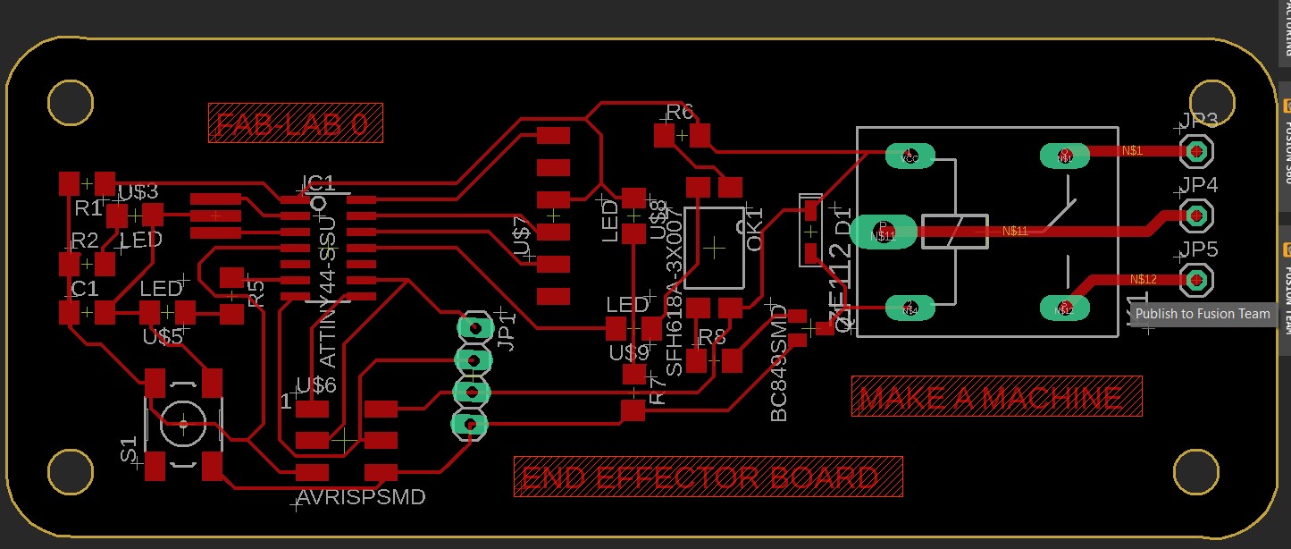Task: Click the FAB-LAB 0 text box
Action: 296,122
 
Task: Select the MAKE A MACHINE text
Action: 996,397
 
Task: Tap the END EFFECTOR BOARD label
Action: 708,477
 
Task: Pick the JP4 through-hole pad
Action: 1196,215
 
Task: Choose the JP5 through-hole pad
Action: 1196,280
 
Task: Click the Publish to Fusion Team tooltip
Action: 1202,314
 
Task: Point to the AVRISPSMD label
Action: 361,496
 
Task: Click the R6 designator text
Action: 680,113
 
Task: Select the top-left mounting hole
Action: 70,102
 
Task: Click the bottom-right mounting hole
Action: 1196,471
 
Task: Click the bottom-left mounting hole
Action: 70,471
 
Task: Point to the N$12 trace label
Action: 1143,279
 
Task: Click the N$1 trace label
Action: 1157,150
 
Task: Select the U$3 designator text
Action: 138,191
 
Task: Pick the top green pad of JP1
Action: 474,328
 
